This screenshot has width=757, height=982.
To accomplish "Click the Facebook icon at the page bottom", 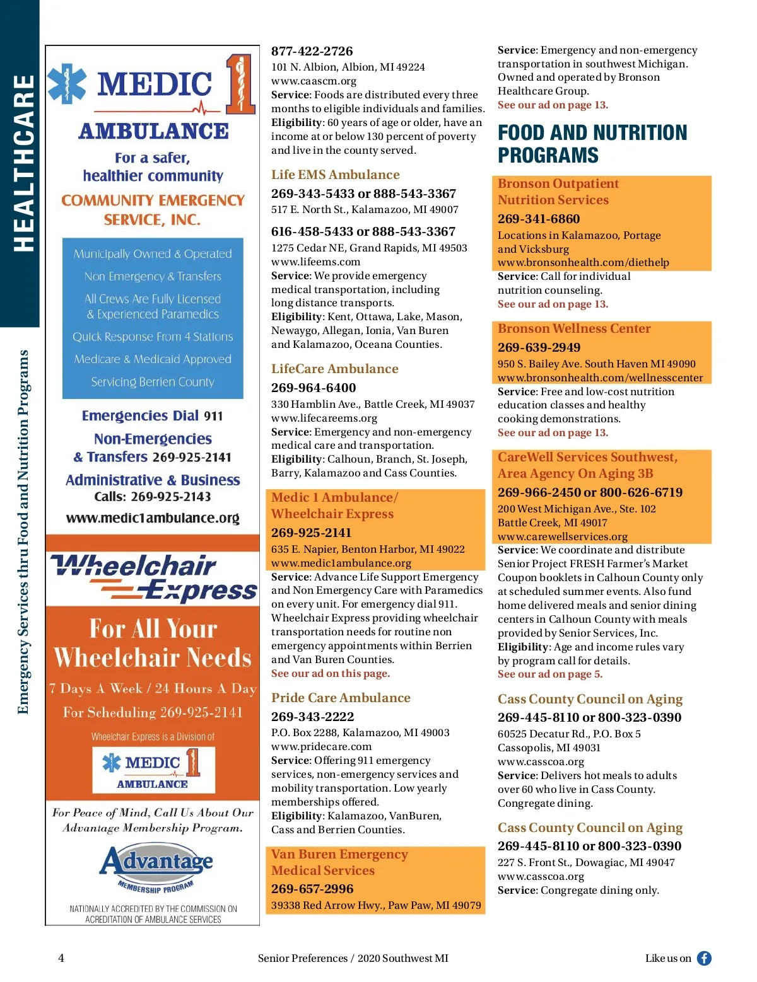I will [704, 958].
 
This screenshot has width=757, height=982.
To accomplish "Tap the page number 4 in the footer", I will [61, 958].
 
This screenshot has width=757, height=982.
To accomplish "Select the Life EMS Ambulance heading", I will [335, 175].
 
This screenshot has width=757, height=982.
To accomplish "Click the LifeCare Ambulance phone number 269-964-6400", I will [314, 388].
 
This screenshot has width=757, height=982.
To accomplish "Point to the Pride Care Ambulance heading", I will [341, 698].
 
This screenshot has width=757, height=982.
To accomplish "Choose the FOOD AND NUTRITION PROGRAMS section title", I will [592, 144].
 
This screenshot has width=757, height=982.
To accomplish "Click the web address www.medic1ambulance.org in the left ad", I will [153, 518].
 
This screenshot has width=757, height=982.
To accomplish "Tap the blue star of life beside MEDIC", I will [67, 83].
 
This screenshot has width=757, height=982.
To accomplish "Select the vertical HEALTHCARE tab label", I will [24, 163].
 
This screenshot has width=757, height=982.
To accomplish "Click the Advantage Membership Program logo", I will [155, 867].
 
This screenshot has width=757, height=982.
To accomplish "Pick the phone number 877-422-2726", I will [312, 51].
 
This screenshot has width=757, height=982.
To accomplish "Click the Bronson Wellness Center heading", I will [573, 328].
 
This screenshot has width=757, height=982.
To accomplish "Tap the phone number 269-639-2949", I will [539, 347].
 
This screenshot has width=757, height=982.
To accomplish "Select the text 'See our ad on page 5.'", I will [549, 674].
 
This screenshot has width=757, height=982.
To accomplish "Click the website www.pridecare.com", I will [321, 746].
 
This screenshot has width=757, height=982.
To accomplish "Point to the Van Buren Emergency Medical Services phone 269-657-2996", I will [312, 889].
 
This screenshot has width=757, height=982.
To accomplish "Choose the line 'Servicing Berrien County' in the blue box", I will [153, 382].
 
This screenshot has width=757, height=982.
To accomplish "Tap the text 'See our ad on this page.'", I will [330, 673].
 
